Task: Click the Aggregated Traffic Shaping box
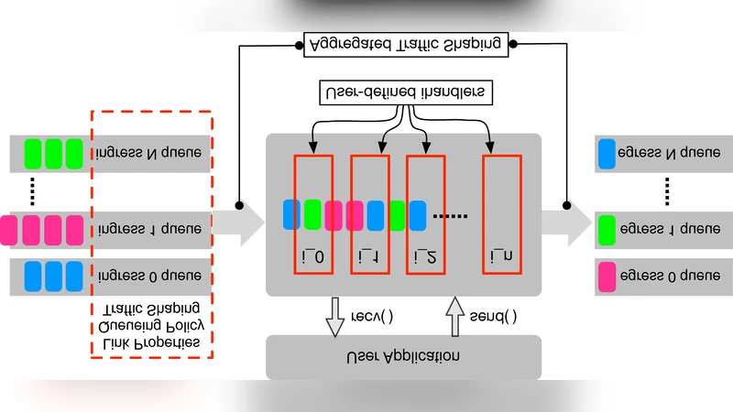(404, 43)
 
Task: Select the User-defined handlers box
(403, 92)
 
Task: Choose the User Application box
(403, 356)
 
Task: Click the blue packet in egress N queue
(607, 153)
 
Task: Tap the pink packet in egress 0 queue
(607, 276)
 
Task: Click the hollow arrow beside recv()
(336, 316)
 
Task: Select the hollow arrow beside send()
(454, 316)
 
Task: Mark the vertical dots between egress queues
(666, 190)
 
